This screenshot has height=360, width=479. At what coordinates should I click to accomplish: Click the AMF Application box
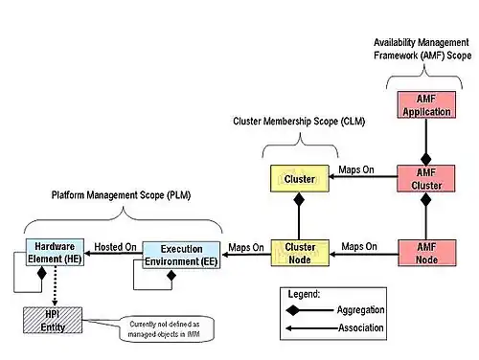[422, 104]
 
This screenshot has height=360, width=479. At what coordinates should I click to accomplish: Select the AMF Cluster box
[422, 178]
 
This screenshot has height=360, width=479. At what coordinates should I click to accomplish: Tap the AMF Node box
[422, 253]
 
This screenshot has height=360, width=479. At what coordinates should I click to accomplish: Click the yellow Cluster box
[299, 178]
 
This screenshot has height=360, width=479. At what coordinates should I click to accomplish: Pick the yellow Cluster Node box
[299, 253]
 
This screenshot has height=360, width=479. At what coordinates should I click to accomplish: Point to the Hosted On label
[115, 247]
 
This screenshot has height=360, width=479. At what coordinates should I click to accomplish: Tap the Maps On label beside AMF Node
[360, 246]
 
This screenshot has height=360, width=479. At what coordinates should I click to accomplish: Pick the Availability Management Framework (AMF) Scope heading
[421, 50]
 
